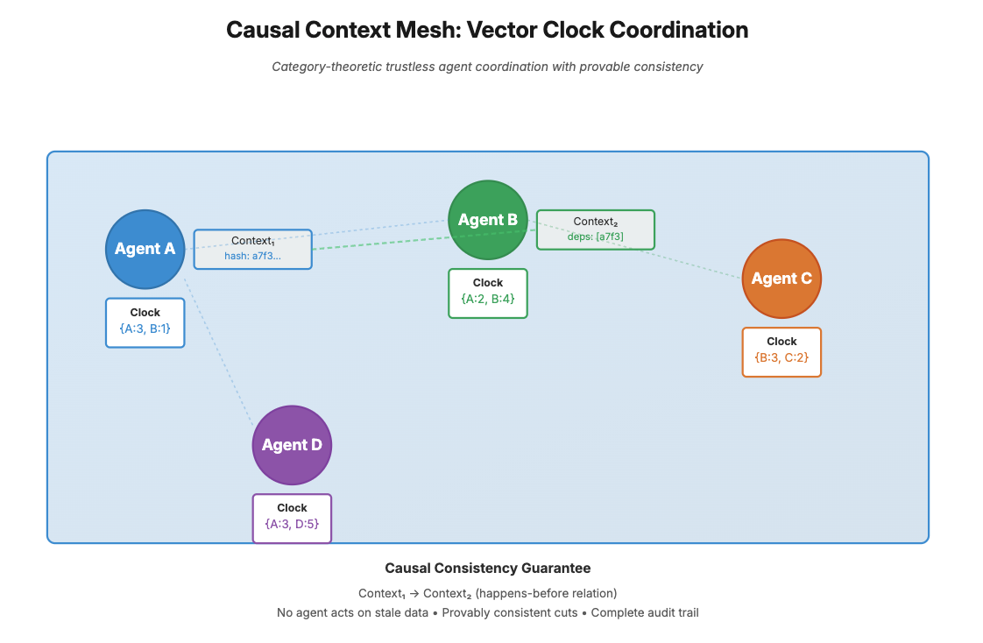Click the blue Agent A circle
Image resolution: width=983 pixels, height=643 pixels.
145,249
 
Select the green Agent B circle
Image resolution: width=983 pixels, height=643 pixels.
487,220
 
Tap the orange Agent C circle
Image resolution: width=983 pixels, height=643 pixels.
781,279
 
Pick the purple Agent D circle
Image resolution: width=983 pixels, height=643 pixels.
292,445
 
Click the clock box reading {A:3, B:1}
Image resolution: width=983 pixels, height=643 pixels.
145,322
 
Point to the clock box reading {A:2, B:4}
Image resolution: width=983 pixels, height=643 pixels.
487,293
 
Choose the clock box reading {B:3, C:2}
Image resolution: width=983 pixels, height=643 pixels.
781,351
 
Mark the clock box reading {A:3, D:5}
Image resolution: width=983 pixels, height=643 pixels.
292,518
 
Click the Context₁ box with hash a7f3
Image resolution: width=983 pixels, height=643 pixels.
252,249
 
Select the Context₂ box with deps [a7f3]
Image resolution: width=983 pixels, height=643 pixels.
595,230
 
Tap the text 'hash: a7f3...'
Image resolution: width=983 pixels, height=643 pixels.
252,256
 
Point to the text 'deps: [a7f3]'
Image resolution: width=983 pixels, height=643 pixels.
595,237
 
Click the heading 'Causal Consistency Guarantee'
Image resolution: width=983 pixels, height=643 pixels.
487,569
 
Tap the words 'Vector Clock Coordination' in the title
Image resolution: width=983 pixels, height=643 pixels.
606,30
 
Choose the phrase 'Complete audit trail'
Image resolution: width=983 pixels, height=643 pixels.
645,612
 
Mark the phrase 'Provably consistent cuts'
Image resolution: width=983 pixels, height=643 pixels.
510,612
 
